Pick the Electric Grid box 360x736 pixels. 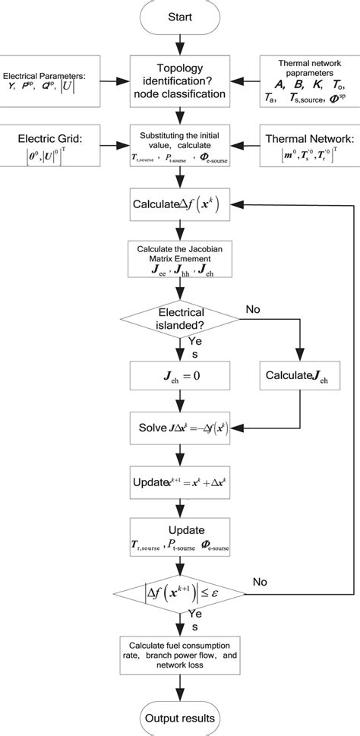coord(47,148)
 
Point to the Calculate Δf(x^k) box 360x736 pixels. coord(180,204)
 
